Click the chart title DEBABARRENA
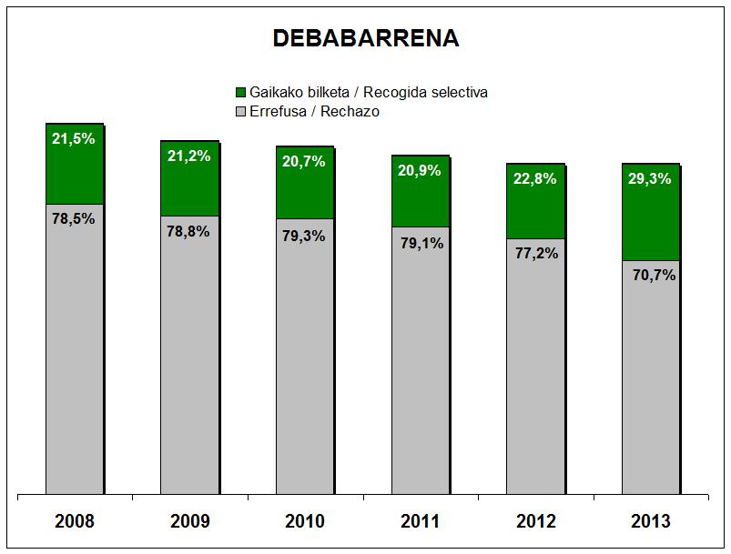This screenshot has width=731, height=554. click(365, 38)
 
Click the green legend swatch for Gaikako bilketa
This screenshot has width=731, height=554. click(240, 93)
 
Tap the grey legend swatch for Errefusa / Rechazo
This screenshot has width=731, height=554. click(240, 111)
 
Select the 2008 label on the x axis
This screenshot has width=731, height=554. click(75, 521)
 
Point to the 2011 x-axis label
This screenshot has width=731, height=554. click(420, 521)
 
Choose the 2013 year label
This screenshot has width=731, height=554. click(650, 521)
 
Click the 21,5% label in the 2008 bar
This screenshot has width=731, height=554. click(74, 139)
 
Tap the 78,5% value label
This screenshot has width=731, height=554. click(74, 219)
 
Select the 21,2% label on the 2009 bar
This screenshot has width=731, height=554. click(189, 156)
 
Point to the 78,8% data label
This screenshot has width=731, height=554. click(189, 231)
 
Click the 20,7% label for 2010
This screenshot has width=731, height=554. click(304, 161)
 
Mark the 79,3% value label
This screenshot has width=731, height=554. click(304, 235)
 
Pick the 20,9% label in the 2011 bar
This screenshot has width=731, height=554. click(420, 169)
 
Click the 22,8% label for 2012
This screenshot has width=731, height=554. click(535, 178)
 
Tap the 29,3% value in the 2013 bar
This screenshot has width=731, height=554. click(650, 179)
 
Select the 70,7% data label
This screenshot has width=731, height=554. click(650, 274)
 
